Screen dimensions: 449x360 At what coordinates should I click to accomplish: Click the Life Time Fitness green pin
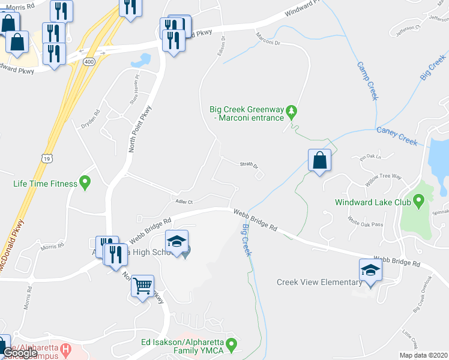85,182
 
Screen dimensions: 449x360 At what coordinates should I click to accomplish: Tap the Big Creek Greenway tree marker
292,112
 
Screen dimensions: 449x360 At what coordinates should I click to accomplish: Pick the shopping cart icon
143,287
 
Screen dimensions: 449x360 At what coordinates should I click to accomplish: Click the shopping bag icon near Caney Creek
319,161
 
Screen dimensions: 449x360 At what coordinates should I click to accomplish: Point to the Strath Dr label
249,165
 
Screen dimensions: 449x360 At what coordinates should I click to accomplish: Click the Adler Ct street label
183,202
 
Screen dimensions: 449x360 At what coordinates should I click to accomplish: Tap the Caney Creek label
396,136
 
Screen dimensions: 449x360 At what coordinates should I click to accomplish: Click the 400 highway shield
89,62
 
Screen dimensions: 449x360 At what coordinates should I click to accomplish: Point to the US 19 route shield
46,157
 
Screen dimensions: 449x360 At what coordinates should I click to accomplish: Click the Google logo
20,353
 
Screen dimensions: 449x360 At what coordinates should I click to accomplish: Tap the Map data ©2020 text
423,355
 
